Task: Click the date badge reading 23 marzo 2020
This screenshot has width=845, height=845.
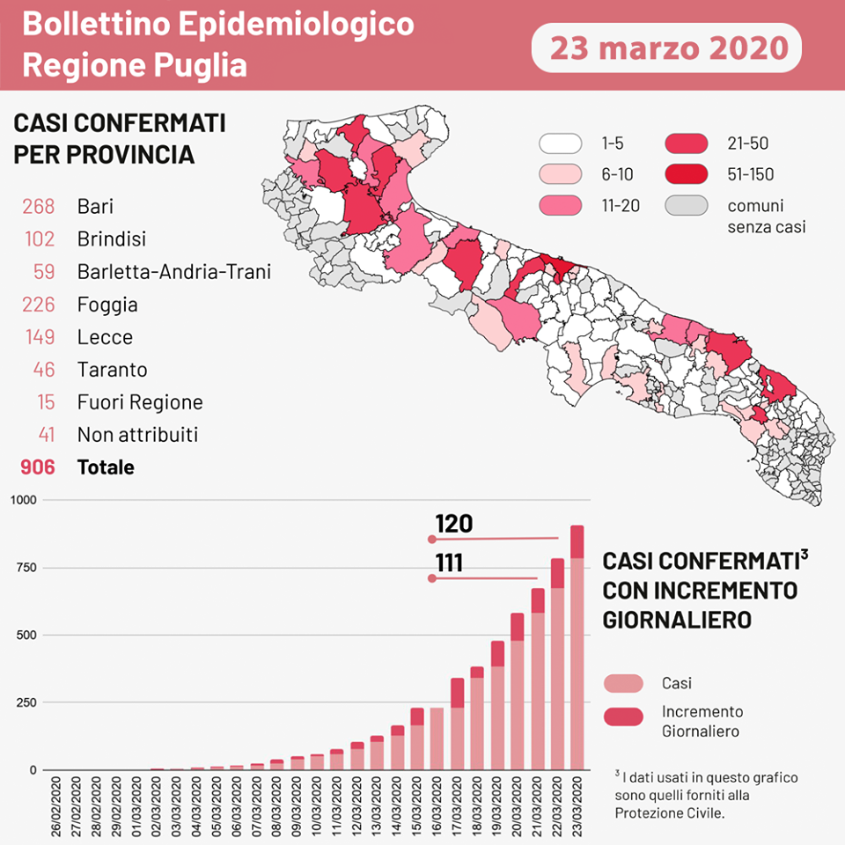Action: click(x=666, y=47)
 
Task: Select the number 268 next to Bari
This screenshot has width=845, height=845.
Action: click(x=39, y=207)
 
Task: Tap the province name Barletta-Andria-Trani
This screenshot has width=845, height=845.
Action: click(x=173, y=272)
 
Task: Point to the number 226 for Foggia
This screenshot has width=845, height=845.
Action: click(x=39, y=305)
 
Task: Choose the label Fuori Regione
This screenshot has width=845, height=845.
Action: click(x=140, y=402)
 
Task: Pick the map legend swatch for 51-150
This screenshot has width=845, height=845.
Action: click(x=687, y=174)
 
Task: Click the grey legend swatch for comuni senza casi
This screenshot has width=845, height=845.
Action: click(x=687, y=206)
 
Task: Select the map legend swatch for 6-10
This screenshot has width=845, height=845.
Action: click(x=561, y=174)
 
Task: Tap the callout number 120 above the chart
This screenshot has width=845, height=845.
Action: click(x=453, y=525)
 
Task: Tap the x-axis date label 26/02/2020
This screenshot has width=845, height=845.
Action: click(x=56, y=805)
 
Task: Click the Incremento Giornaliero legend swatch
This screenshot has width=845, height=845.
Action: click(x=623, y=717)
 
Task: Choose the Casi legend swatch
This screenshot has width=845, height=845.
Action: click(x=623, y=684)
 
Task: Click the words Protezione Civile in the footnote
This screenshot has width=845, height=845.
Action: click(x=668, y=812)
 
